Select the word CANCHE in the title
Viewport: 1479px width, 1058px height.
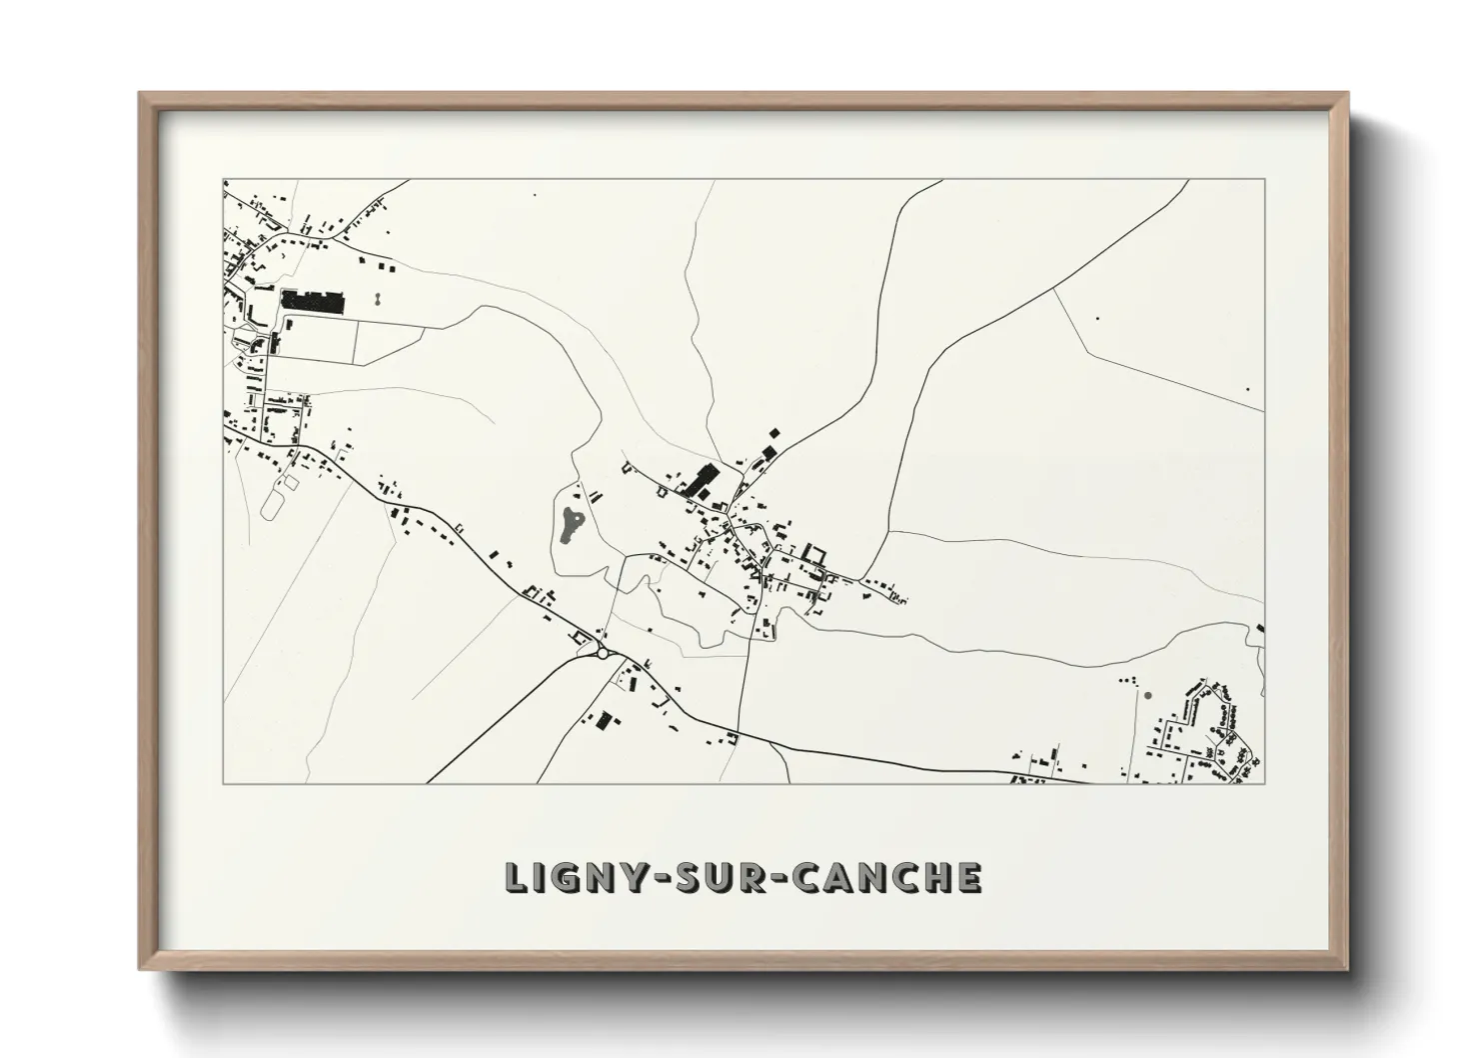(x=884, y=877)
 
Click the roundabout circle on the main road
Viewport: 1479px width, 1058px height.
(x=602, y=653)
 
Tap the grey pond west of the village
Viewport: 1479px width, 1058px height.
(x=571, y=523)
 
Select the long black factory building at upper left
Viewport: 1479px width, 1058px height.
(x=312, y=300)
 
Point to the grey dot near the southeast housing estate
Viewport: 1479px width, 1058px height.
(x=1147, y=695)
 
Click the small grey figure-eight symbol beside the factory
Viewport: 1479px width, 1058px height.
(x=378, y=298)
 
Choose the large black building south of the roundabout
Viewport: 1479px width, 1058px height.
(x=603, y=721)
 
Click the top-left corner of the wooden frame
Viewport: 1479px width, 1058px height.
(x=139, y=93)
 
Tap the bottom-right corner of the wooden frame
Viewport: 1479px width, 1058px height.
(x=1348, y=969)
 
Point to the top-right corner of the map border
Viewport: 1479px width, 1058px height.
(x=1264, y=180)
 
